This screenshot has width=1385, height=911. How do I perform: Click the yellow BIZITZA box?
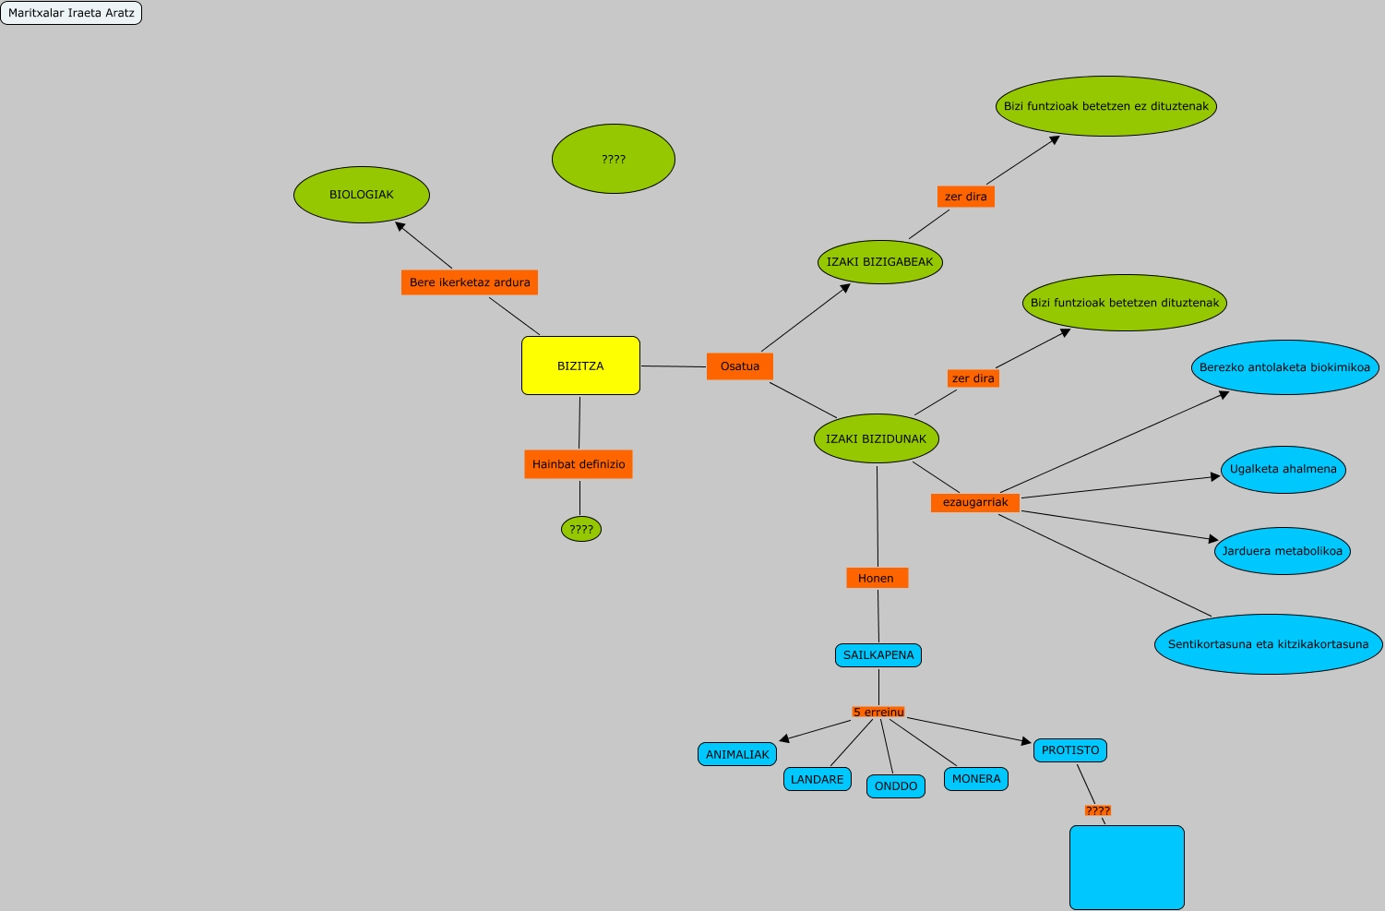tap(580, 366)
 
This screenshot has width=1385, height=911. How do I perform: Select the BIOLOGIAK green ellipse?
tap(362, 195)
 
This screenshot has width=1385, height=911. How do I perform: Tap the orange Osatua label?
tap(740, 366)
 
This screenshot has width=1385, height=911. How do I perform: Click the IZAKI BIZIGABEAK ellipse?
tap(879, 262)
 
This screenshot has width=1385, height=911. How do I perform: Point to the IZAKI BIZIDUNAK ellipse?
tap(876, 439)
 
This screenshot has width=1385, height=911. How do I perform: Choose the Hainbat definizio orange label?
tap(579, 464)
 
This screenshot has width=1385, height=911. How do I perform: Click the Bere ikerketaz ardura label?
tap(470, 282)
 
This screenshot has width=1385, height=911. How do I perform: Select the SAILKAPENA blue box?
tap(878, 655)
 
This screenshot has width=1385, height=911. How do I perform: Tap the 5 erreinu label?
tap(878, 713)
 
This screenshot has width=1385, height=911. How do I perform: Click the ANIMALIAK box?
tap(737, 755)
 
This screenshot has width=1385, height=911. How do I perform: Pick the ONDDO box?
tap(896, 786)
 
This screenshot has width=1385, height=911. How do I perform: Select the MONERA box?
tap(976, 779)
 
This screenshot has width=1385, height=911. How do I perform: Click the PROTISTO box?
tap(1070, 750)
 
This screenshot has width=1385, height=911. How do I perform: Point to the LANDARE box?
tap(817, 780)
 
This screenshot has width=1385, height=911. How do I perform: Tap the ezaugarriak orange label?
tap(975, 502)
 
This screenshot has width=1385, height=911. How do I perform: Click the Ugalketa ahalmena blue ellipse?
tap(1283, 469)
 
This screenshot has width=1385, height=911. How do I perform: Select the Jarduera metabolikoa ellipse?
tap(1283, 551)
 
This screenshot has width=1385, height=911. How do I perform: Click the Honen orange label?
tap(877, 579)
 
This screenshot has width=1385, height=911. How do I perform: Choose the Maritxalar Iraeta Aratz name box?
tap(71, 13)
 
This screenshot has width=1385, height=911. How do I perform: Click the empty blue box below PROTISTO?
tap(1127, 867)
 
